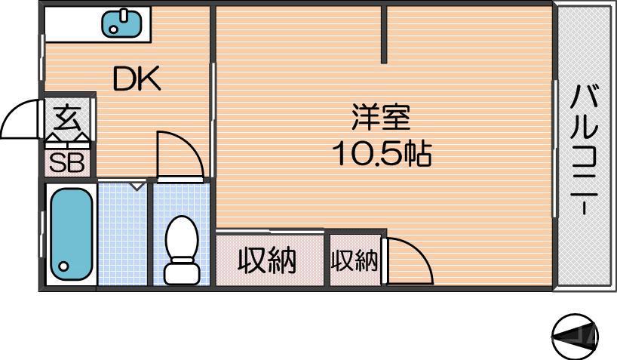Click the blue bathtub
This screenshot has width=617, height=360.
point(70,234)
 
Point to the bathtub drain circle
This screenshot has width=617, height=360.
point(63,266)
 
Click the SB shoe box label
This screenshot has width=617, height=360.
point(66,162)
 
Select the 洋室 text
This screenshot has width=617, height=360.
point(381,119)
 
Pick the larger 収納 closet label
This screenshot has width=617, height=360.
point(267,260)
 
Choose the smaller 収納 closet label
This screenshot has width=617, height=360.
point(354,260)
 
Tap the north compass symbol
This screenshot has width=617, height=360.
point(576,335)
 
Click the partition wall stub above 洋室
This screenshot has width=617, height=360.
point(385,35)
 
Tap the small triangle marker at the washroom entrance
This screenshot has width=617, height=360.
point(137,185)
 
